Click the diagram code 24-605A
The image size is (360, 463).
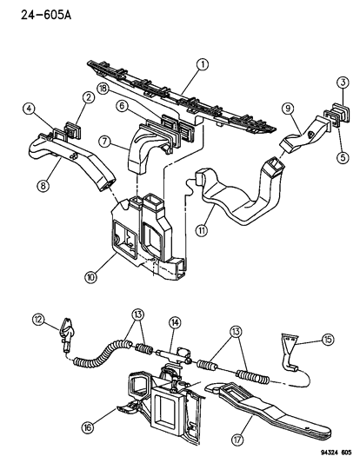tap(46, 15)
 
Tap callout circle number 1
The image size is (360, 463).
tap(202, 64)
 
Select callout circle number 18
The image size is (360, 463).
tap(103, 89)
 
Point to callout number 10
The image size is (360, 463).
tap(90, 277)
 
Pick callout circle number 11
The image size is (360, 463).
tap(202, 230)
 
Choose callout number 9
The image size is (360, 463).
tap(288, 109)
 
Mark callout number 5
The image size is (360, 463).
tap(343, 157)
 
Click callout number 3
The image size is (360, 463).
tap(343, 82)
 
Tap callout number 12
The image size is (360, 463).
tap(39, 320)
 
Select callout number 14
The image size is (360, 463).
tap(175, 323)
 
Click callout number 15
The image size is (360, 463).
tap(328, 340)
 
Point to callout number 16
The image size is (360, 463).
tap(88, 427)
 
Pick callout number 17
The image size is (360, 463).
tap(237, 440)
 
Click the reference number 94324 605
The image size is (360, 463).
tap(336, 453)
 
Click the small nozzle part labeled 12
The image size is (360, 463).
tap(68, 334)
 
